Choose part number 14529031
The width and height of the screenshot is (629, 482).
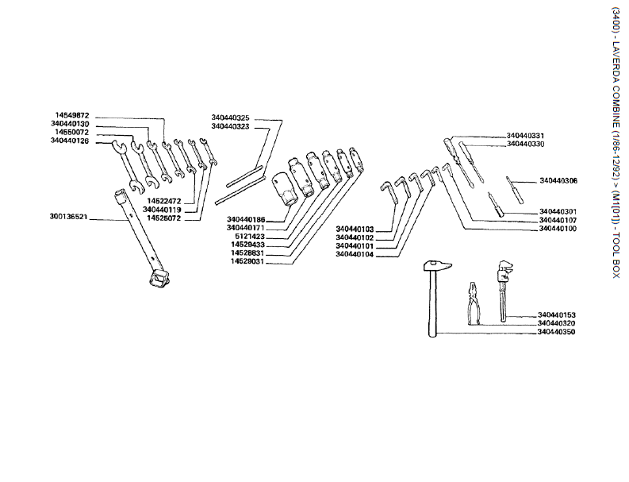pyautogui.click(x=247, y=261)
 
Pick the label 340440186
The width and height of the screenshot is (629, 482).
pyautogui.click(x=246, y=219)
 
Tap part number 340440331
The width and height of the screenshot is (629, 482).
pyautogui.click(x=525, y=136)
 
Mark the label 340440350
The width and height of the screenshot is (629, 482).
pyautogui.click(x=556, y=332)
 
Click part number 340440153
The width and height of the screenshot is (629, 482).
pyautogui.click(x=556, y=315)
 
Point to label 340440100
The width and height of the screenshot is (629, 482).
pyautogui.click(x=558, y=229)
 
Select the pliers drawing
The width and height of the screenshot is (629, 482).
pyautogui.click(x=475, y=303)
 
